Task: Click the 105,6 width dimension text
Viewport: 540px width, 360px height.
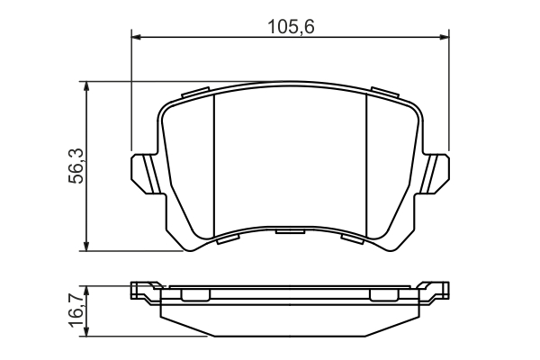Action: [x=291, y=26]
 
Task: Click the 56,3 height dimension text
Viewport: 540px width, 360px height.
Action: [x=76, y=166]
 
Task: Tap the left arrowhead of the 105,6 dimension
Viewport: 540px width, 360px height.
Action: [x=137, y=37]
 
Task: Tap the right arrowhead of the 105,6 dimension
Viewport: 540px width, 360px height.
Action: [x=445, y=37]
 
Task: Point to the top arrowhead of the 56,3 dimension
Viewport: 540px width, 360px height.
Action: [x=86, y=86]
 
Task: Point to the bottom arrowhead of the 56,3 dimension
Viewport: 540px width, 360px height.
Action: [x=86, y=246]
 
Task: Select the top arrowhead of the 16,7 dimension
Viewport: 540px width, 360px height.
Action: [x=86, y=291]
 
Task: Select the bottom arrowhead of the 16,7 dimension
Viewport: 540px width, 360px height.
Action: [x=86, y=331]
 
